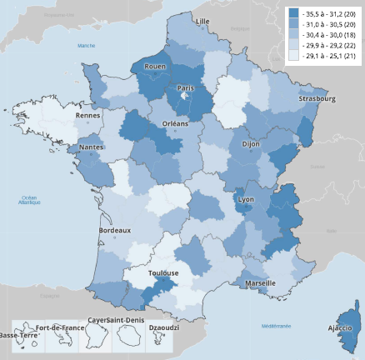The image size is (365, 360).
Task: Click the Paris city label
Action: [x=186, y=88]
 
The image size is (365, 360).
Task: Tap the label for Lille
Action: [x=202, y=20]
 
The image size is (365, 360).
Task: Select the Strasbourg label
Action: [x=316, y=99]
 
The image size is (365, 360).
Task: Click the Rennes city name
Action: [x=88, y=116]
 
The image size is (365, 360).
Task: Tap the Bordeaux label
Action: [x=115, y=229]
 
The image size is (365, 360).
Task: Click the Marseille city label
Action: [x=261, y=284]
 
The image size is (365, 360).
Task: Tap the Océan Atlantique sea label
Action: [x=29, y=200]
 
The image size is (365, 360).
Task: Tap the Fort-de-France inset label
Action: [x=61, y=327]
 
